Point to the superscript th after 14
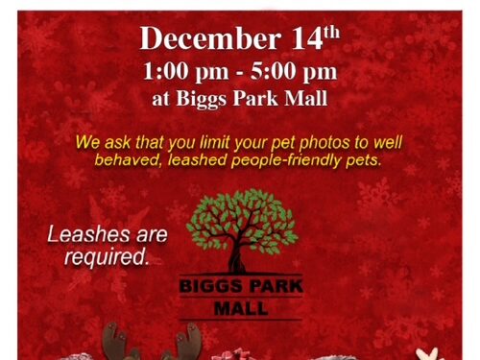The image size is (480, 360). [x=331, y=33]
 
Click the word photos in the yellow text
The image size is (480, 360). [x=325, y=142]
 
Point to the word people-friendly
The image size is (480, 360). [x=291, y=160]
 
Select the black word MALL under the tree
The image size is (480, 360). [x=240, y=309]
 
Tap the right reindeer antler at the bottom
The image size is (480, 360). [x=192, y=338]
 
